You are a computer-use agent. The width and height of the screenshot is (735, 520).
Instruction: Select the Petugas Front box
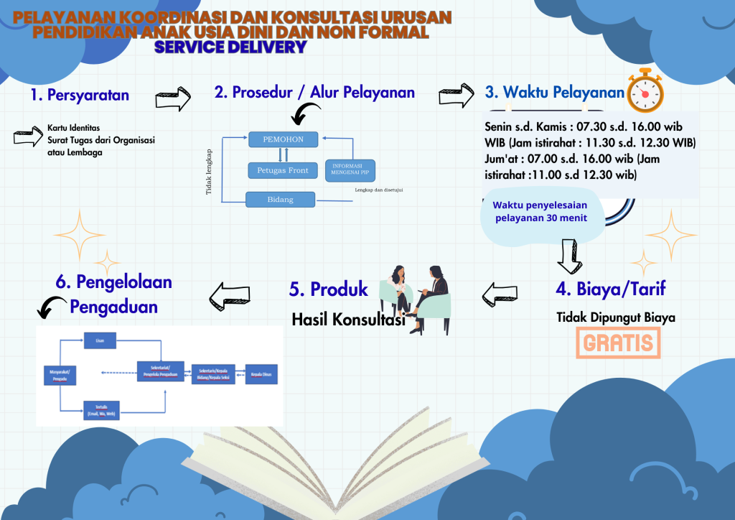pyautogui.click(x=282, y=170)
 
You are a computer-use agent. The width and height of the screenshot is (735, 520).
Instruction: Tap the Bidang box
pyautogui.click(x=280, y=199)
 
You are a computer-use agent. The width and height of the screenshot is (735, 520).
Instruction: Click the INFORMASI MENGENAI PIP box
pyautogui.click(x=351, y=170)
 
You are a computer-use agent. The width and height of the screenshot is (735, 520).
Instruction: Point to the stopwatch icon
pyautogui.click(x=646, y=90)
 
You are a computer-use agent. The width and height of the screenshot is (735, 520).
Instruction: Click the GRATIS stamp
pyautogui.click(x=619, y=343)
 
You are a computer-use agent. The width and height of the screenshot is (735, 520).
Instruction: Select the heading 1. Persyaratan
pyautogui.click(x=80, y=95)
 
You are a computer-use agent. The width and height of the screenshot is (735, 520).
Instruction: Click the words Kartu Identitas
pyautogui.click(x=74, y=127)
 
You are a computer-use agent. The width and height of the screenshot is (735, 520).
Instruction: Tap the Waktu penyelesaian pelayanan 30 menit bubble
pyautogui.click(x=540, y=211)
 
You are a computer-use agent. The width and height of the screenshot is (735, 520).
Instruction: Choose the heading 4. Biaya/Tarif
pyautogui.click(x=611, y=289)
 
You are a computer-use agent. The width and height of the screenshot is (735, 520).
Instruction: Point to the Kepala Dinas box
pyautogui.click(x=261, y=374)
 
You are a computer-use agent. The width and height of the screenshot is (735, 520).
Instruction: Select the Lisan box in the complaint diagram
pyautogui.click(x=99, y=341)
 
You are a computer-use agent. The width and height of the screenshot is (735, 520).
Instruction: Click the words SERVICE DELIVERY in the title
pyautogui.click(x=231, y=47)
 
